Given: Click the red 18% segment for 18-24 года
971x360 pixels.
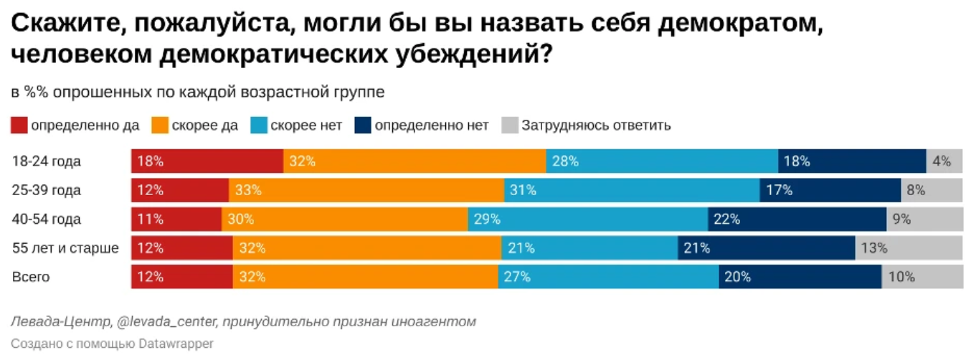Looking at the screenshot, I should [207, 161].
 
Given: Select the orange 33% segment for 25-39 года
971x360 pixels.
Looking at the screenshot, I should [366, 190].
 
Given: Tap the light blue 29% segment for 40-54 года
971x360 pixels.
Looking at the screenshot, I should [588, 219].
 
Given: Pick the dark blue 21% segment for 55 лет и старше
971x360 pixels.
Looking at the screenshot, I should [766, 248].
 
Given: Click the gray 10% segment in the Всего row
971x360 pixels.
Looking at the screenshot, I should [922, 277].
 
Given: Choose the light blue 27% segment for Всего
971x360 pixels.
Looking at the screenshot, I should [608, 277].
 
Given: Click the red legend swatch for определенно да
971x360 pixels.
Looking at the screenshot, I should [19, 125].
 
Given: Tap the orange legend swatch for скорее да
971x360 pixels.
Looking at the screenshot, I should [161, 125].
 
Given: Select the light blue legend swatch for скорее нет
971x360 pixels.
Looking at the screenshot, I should [259, 125].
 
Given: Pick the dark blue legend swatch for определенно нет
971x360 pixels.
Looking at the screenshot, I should [363, 125].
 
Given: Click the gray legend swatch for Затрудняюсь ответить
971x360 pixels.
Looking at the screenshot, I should [509, 125].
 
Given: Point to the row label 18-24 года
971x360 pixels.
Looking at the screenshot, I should [47, 161].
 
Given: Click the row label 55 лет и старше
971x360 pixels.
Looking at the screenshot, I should [65, 248].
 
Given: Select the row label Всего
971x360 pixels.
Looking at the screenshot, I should [31, 277].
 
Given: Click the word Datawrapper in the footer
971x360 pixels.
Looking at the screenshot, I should [177, 344].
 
